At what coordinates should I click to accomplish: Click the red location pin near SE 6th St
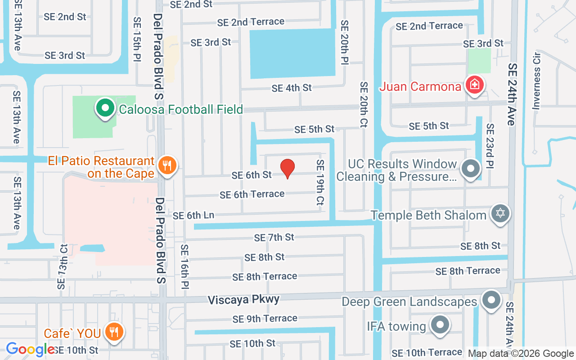click(x=288, y=168)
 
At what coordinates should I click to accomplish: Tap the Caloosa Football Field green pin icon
click(x=105, y=108)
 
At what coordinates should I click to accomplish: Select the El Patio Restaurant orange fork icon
click(x=167, y=166)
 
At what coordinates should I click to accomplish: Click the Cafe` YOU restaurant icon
click(x=114, y=333)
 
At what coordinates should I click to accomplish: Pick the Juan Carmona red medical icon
click(x=474, y=85)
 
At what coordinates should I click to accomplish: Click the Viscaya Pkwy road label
click(x=243, y=299)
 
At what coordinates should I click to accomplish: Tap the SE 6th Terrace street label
click(x=252, y=194)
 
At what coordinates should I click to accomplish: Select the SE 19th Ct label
click(x=320, y=183)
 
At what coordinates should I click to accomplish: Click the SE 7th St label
click(x=274, y=237)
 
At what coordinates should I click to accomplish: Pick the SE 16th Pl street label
click(x=184, y=267)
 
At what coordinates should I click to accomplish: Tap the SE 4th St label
click(x=292, y=88)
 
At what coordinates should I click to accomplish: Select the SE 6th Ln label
click(x=193, y=216)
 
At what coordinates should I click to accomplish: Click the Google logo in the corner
click(x=30, y=349)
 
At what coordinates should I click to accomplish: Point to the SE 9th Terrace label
click(x=265, y=319)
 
